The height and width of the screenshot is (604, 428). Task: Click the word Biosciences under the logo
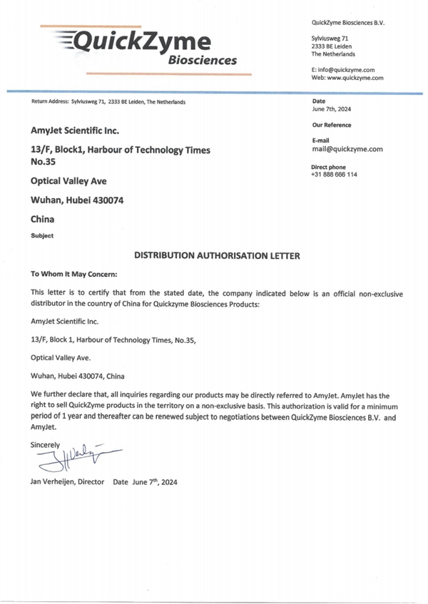coord(203,61)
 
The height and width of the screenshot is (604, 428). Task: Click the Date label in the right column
coord(318,101)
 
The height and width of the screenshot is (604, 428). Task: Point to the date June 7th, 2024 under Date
coord(331,110)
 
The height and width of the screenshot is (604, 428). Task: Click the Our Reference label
coord(331,126)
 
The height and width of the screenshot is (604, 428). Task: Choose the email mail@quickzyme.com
coord(347,150)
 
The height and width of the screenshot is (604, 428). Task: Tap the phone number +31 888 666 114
coord(334,175)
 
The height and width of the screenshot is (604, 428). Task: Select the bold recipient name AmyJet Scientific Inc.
coord(75,130)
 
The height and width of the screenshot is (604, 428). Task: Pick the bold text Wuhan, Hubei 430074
coord(78,200)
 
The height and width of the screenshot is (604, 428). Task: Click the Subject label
coord(41,235)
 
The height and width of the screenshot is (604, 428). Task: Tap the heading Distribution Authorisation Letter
coord(218,255)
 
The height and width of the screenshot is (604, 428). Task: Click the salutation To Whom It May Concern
coord(73,274)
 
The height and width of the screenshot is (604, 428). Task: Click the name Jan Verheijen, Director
coord(68,482)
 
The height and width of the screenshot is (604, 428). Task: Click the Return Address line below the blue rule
coord(108,102)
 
